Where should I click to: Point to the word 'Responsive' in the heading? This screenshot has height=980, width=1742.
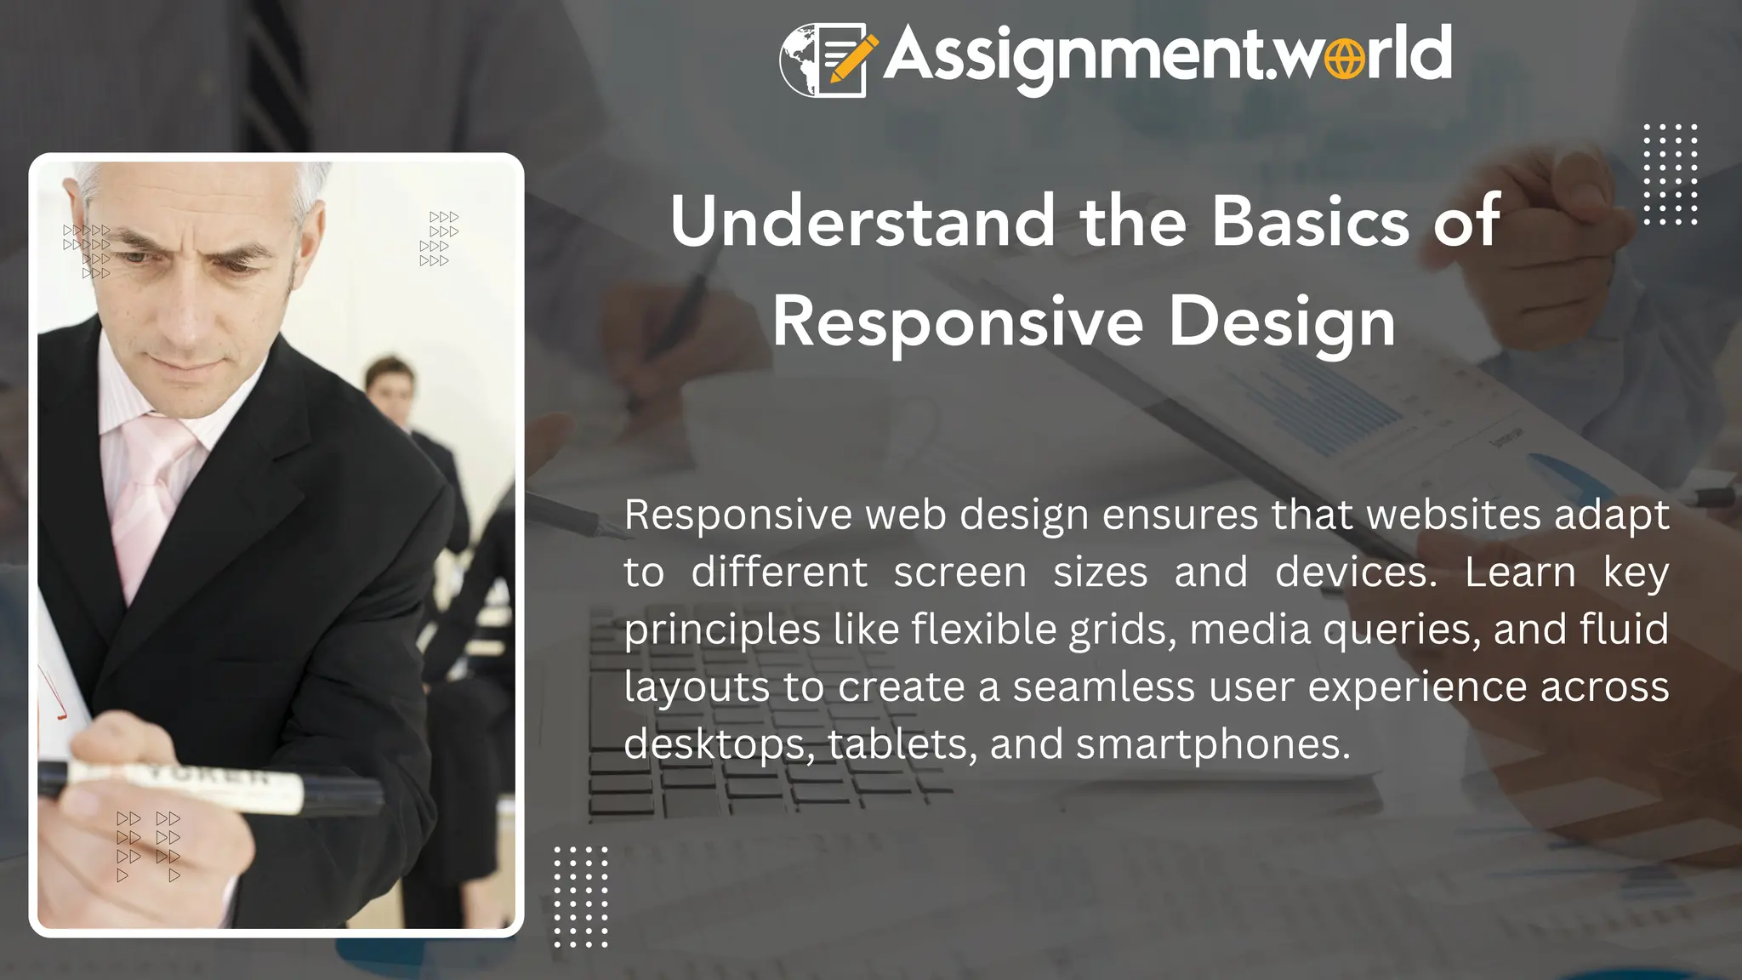958,323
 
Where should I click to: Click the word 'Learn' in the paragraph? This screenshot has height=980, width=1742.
1520,572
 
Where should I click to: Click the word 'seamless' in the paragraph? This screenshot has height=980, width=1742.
1103,687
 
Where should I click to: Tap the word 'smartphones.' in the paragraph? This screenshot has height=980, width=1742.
1213,744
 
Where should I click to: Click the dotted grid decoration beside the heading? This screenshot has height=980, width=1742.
1671,174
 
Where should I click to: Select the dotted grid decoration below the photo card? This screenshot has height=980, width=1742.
581,897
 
